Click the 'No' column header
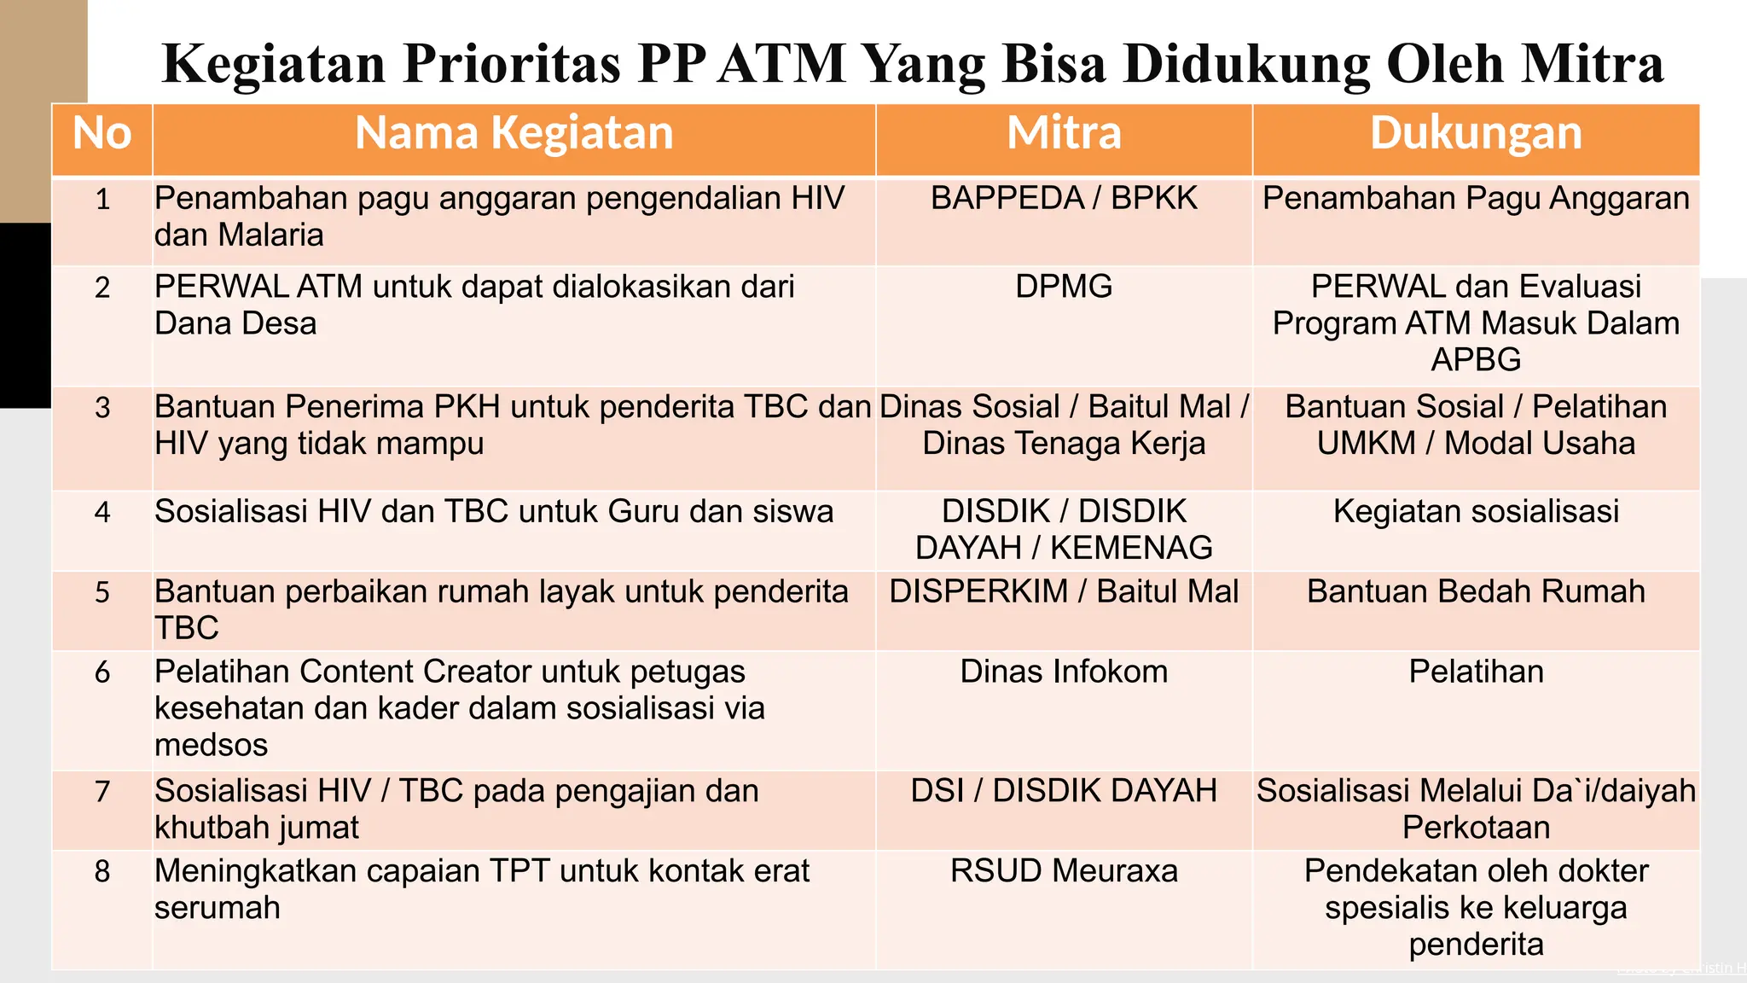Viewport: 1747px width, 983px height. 102,134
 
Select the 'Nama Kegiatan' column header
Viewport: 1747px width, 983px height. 514,134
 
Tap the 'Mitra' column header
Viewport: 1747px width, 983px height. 1064,134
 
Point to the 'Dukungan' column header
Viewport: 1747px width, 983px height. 1476,134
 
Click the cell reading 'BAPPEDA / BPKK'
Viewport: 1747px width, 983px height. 1064,199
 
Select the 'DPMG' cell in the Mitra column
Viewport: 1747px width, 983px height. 1064,287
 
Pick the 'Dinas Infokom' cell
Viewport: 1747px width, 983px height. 1064,672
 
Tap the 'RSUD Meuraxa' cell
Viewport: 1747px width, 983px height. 1064,871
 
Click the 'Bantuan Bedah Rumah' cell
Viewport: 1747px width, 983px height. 1476,592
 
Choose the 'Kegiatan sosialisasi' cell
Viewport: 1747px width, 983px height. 1476,512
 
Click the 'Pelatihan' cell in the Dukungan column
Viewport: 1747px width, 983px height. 1476,672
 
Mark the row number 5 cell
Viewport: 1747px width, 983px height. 102,592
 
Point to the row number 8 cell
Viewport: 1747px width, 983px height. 102,871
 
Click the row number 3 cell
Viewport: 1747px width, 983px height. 102,408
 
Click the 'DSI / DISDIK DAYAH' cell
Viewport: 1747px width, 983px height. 1064,792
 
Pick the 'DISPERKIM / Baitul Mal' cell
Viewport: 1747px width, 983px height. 1064,592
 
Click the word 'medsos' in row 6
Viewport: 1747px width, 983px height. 211,746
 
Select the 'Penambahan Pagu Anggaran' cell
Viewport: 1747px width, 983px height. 1476,199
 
